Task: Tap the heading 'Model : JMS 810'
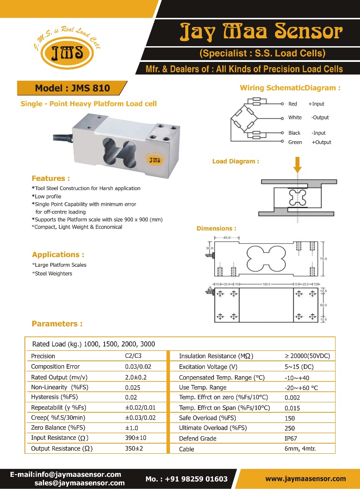point(72,88)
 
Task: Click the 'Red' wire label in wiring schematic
point(292,104)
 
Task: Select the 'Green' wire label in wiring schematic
point(295,142)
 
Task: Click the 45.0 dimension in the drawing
point(227,238)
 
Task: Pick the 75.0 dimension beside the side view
point(323,259)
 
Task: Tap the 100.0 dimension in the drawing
point(266,284)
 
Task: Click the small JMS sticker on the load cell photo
point(155,159)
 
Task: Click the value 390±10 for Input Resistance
point(136,438)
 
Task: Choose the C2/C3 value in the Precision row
point(133,356)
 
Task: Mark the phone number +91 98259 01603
point(187,479)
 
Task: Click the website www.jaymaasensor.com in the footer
point(306,479)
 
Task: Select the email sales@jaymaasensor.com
point(79,483)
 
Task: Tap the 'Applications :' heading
point(58,255)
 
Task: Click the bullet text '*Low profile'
point(47,197)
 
